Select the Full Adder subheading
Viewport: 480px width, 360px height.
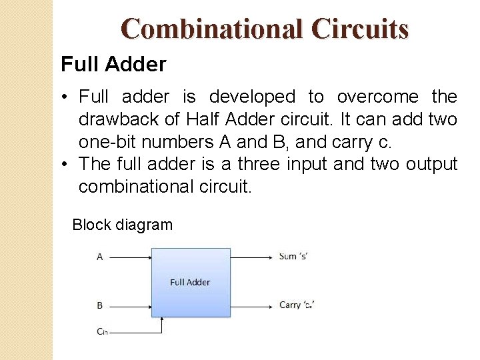(x=113, y=65)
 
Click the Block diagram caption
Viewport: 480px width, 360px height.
(x=122, y=225)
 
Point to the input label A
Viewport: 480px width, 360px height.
(x=100, y=257)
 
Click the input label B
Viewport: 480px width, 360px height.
(x=100, y=305)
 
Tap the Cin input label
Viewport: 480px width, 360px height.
(x=102, y=331)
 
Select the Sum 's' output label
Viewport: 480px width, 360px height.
(x=297, y=256)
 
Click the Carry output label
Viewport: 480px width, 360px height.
(x=297, y=305)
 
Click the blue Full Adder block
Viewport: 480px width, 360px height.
(x=191, y=282)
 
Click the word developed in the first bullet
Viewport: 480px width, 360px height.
(x=252, y=97)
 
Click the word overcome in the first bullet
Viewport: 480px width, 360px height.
(x=378, y=97)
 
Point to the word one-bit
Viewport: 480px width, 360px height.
(x=107, y=142)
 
